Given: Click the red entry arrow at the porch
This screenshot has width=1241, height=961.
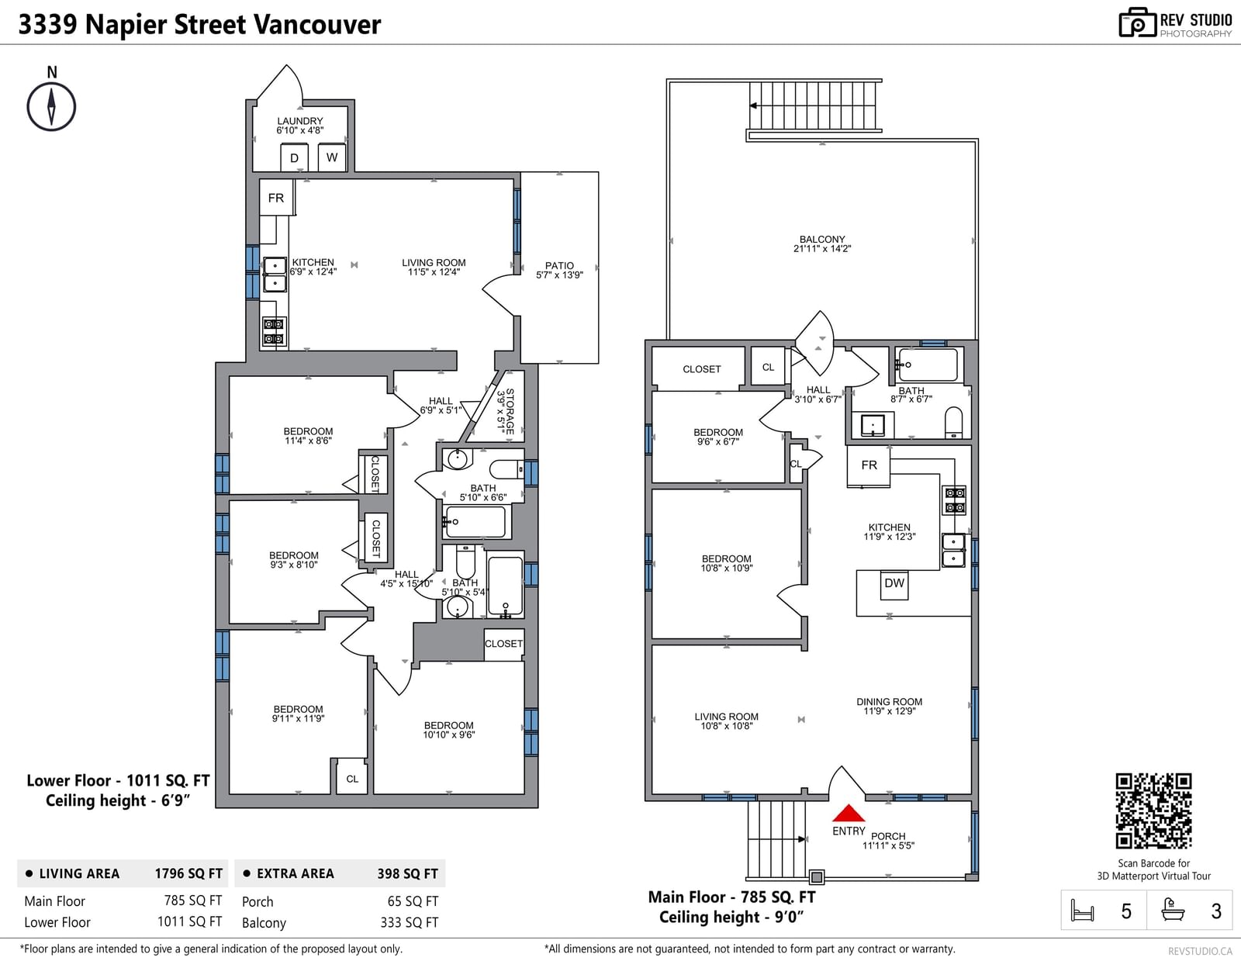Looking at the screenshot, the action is point(848,813).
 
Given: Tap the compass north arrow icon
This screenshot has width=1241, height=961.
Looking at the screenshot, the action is point(51,106).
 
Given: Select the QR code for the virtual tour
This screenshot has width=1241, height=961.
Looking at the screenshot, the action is point(1153,811).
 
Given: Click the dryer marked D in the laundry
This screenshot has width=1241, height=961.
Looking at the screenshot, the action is point(294,157).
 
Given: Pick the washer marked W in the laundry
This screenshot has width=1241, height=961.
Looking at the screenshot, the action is point(332,157).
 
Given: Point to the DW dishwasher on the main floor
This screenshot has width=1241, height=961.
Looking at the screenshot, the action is point(894,584).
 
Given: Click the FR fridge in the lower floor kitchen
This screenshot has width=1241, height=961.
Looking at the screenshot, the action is point(276,198).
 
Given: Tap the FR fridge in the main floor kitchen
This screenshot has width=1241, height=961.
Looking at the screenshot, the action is point(869,465).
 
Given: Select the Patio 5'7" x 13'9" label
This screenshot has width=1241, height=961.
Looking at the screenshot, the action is point(559,270).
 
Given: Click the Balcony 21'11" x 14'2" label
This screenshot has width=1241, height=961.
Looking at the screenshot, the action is point(822,244).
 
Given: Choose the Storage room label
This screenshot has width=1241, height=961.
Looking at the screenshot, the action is point(506,411).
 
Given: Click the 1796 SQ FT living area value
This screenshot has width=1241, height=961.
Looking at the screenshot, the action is point(188,873).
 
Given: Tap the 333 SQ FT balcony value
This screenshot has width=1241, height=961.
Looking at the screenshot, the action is point(410,923).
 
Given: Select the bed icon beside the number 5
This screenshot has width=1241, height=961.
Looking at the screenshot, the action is point(1082,911).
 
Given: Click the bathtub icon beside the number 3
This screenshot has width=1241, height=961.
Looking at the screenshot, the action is point(1173,910).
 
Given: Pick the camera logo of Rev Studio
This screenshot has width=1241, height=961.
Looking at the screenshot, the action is point(1137,22).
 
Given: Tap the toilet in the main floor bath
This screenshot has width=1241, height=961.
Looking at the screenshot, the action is point(953,422).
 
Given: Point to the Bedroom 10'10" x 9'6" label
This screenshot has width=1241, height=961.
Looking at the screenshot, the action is point(449,730).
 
